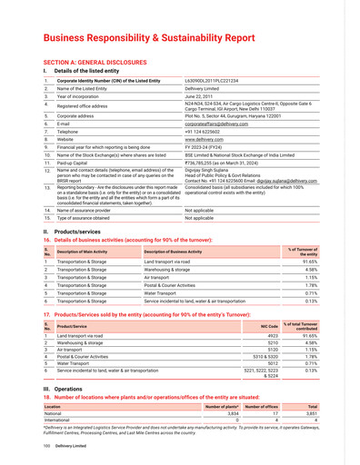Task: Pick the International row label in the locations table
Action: coord(60,421)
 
